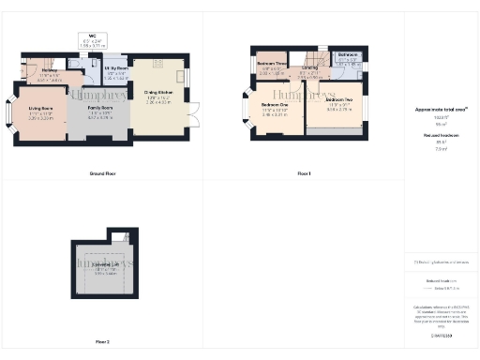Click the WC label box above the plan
click(91, 40)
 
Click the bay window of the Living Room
click(13, 116)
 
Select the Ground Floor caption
click(102, 175)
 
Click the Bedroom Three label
click(272, 67)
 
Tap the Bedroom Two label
click(339, 106)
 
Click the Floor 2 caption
click(102, 342)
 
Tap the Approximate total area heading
click(440, 109)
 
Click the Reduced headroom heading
click(440, 137)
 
